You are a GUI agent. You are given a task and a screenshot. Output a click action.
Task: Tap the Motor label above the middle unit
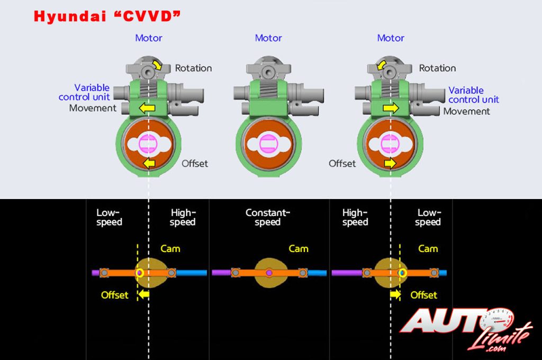(x=268, y=38)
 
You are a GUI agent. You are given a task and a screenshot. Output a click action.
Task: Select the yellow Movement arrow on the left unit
(x=148, y=108)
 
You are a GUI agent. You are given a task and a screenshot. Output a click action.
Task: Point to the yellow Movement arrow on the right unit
(x=391, y=108)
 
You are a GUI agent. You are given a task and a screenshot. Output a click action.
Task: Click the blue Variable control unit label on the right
(x=473, y=95)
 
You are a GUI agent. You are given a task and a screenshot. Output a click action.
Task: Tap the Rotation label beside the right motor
(x=437, y=68)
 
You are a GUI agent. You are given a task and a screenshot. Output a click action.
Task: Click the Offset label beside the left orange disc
(x=195, y=163)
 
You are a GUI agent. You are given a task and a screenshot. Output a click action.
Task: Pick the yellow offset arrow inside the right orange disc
(x=391, y=163)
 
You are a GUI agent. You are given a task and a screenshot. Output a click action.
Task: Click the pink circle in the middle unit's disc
(x=269, y=143)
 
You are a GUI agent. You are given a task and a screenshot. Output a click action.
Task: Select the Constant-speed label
(x=268, y=217)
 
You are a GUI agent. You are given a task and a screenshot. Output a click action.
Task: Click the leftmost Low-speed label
(x=109, y=217)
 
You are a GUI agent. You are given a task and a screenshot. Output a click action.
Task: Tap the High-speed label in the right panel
(x=355, y=217)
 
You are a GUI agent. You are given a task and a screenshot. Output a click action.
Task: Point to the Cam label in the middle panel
(x=298, y=248)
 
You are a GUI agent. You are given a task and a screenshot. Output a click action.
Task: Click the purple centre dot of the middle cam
(x=269, y=273)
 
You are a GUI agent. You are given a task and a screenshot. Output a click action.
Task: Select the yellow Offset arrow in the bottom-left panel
(x=144, y=294)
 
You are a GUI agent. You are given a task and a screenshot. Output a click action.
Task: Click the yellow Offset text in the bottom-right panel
(x=424, y=294)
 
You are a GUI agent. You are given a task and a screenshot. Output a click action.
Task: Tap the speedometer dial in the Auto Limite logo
(x=498, y=319)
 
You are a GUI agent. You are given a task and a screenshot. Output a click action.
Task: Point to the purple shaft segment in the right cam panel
(x=347, y=273)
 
